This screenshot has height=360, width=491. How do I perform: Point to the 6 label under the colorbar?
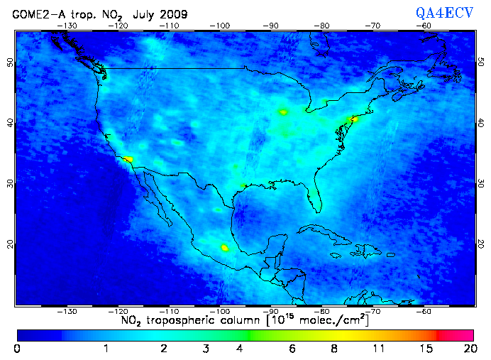pyautogui.click(x=291, y=349)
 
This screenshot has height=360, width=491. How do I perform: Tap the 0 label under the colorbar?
pyautogui.click(x=17, y=349)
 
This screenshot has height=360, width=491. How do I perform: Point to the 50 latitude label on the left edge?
pyautogui.click(x=10, y=63)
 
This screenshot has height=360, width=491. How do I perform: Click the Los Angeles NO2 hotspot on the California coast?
pyautogui.click(x=127, y=160)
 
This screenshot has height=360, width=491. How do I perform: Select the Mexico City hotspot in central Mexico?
pyautogui.click(x=225, y=248)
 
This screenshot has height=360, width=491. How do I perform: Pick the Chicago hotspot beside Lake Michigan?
pyautogui.click(x=284, y=111)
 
